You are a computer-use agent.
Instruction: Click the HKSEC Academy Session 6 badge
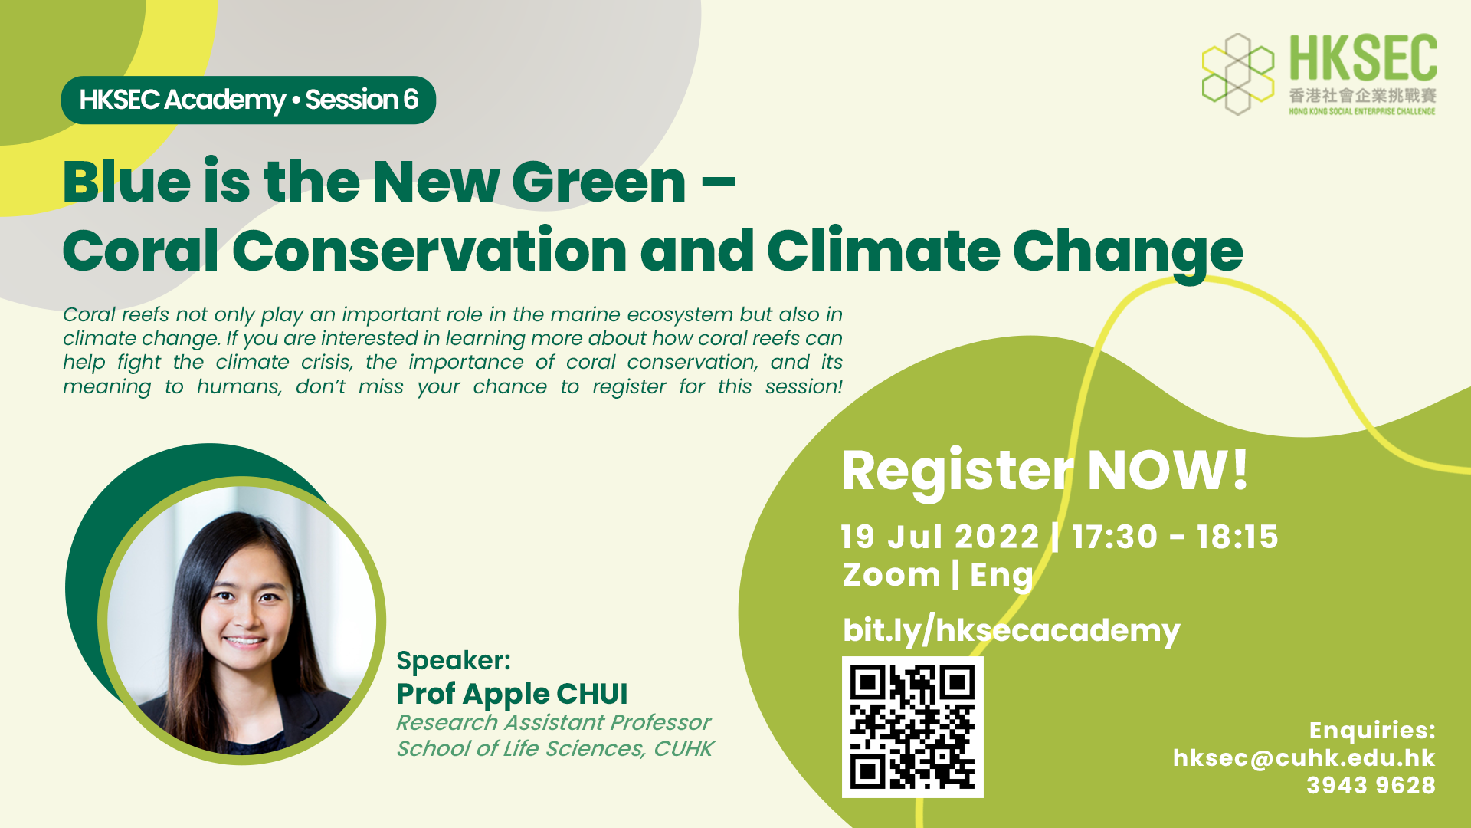[x=248, y=100]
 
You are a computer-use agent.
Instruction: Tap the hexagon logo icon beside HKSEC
[x=1238, y=74]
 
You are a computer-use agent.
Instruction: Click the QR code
[x=912, y=727]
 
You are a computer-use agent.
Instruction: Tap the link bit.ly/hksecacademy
[x=1011, y=630]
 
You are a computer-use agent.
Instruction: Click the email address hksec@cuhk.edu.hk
[x=1304, y=757]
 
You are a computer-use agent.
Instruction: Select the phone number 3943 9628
[x=1371, y=785]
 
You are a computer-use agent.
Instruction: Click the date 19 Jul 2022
[x=940, y=537]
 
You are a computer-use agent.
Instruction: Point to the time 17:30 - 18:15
[x=1175, y=537]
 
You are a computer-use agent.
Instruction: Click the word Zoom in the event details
[x=891, y=575]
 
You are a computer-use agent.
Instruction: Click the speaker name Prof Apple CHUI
[x=512, y=694]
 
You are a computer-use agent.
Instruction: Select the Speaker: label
[x=454, y=660]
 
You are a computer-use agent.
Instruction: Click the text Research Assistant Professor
[x=553, y=722]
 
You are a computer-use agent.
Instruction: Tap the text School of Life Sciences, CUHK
[x=555, y=748]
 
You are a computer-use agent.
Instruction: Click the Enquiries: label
[x=1372, y=730]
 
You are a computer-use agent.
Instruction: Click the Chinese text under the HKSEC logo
[x=1362, y=96]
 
